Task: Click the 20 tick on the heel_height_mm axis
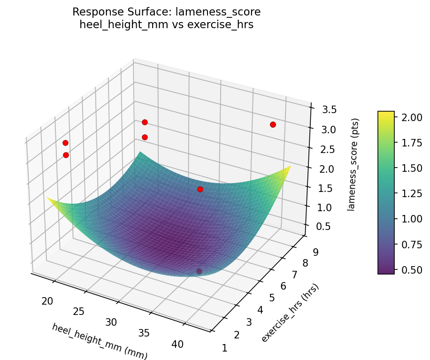click(x=47, y=301)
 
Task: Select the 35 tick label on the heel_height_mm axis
click(x=144, y=333)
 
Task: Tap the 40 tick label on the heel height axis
click(x=177, y=344)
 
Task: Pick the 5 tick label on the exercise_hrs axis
click(x=273, y=298)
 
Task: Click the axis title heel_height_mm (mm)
click(x=100, y=341)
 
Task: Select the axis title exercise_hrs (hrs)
click(x=290, y=313)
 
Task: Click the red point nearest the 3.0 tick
click(x=273, y=124)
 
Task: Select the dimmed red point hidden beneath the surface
click(x=199, y=271)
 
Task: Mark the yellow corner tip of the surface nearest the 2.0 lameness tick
click(x=291, y=166)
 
